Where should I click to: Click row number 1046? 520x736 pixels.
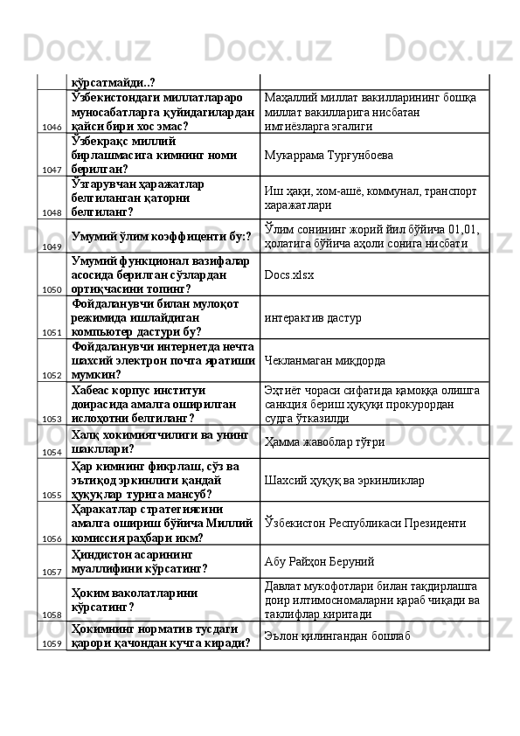(50, 127)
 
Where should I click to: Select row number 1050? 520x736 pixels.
(50, 288)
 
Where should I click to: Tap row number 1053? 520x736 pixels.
(50, 419)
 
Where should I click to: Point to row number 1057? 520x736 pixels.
(50, 573)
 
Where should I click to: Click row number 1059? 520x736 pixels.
(50, 643)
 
